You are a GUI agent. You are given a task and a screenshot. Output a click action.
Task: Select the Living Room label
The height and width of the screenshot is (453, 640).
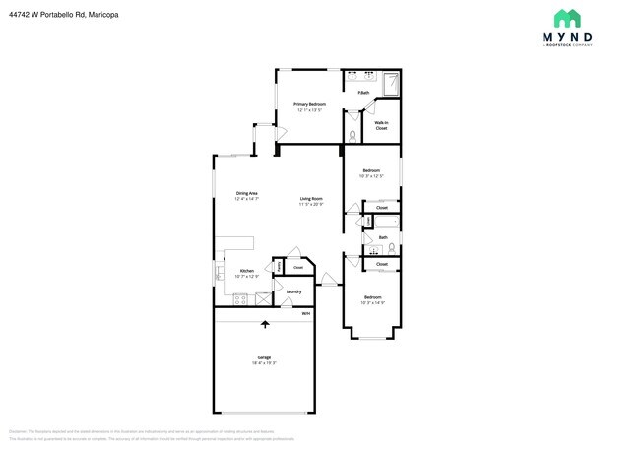311,200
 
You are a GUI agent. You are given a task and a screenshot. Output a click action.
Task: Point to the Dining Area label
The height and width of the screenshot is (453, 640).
246,193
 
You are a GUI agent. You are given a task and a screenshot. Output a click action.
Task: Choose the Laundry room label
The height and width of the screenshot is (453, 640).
293,291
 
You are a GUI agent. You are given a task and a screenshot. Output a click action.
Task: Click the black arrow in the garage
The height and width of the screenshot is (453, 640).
264,324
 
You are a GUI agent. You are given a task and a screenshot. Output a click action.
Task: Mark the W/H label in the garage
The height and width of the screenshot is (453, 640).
305,314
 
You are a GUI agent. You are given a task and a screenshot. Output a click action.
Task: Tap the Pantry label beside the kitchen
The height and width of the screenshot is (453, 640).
279,266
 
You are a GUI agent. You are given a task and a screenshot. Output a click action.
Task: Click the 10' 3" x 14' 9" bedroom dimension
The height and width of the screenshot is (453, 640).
372,301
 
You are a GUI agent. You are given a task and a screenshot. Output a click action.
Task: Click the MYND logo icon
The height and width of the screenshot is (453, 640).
567,19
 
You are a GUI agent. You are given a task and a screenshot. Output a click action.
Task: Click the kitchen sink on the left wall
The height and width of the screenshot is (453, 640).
220,271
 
